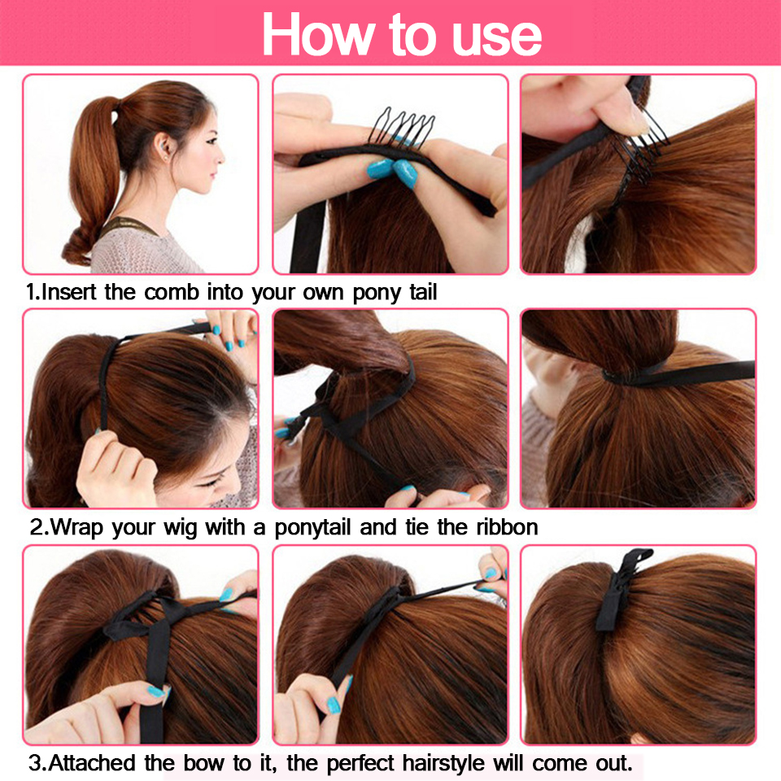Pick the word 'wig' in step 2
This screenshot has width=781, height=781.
point(181,526)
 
